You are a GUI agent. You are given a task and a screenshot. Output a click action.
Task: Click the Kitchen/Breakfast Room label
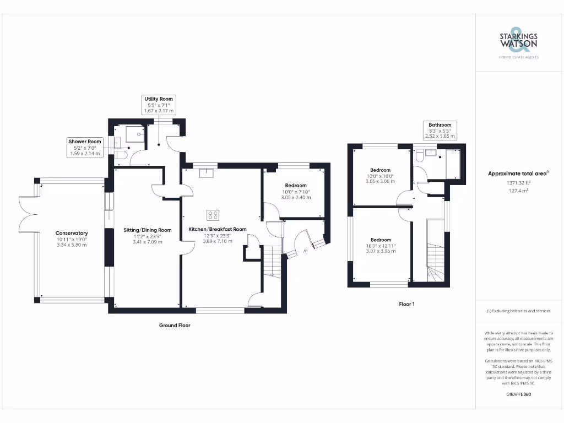217,235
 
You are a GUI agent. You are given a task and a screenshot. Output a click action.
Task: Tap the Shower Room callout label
85,148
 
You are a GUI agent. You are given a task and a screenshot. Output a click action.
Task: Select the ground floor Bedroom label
296,191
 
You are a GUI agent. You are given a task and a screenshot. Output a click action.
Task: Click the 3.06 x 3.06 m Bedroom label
381,175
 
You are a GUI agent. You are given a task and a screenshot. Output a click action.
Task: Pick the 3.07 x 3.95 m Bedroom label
381,245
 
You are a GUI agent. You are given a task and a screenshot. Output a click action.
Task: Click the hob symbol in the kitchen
213,214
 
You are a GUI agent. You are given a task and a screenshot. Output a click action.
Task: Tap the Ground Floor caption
175,326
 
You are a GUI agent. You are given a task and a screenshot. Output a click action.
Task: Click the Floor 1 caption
406,303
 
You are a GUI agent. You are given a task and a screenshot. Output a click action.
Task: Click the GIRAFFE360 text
518,394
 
